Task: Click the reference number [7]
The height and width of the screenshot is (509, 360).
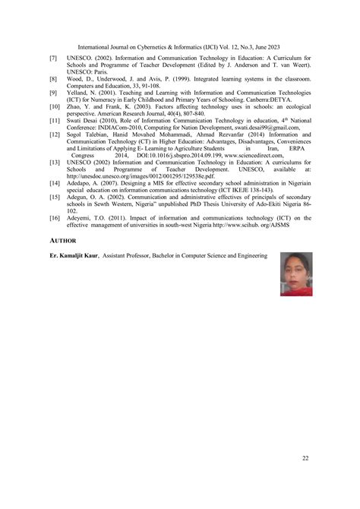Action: click(54, 58)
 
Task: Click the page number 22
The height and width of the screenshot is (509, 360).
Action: click(305, 458)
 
